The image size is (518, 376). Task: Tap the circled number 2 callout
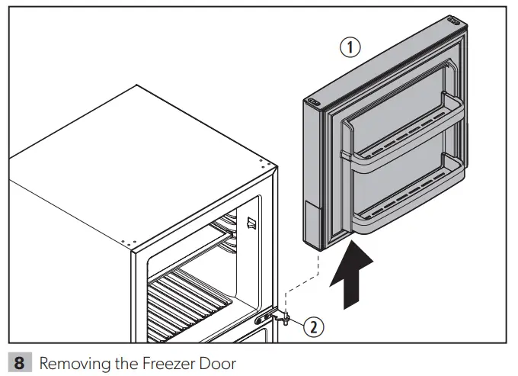pos(313,327)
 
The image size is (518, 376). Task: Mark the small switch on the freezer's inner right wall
pos(249,223)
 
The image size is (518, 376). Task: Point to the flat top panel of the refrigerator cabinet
pos(145,153)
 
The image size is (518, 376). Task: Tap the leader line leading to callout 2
pos(298,323)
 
